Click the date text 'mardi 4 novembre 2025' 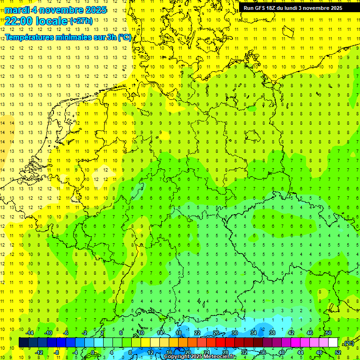click(x=55, y=10)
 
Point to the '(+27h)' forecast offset click(x=81, y=21)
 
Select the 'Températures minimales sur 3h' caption click(x=68, y=37)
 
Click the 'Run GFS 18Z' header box click(x=293, y=7)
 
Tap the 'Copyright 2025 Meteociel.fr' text click(x=200, y=357)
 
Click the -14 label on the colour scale click(x=30, y=333)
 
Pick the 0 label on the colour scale click(x=93, y=352)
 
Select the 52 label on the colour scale click(x=338, y=352)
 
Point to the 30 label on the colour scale click(x=235, y=333)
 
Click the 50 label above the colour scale click(x=328, y=333)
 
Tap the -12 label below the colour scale click(x=39, y=352)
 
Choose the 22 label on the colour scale click(x=197, y=333)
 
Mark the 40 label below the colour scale click(x=282, y=352)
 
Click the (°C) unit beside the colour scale click(x=348, y=343)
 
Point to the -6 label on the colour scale click(x=66, y=333)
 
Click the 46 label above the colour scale click(x=310, y=333)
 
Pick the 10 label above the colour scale click(x=141, y=333)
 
